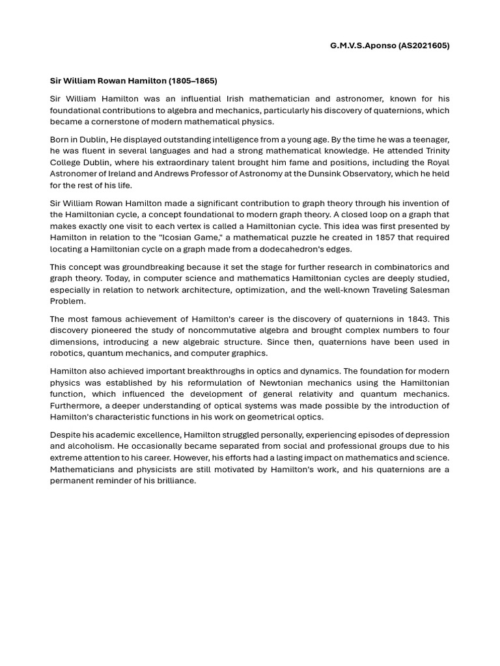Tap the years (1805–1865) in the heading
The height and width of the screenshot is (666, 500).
click(x=193, y=81)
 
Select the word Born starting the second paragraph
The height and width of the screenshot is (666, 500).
click(x=61, y=139)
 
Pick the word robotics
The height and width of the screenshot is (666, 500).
click(x=66, y=353)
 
